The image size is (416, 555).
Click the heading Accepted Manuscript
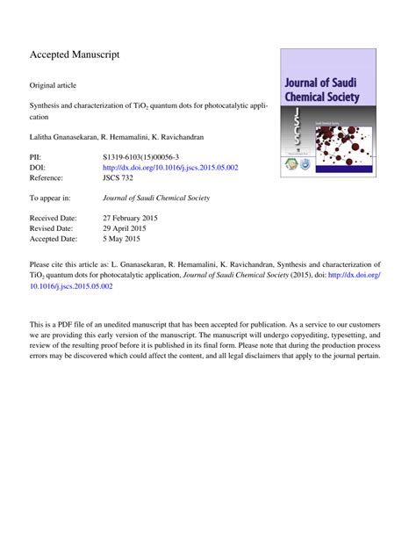pyautogui.click(x=75, y=54)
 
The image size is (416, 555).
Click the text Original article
pyautogui.click(x=54, y=85)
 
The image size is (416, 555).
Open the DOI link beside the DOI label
pyautogui.click(x=170, y=167)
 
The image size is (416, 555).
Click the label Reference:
pyautogui.click(x=50, y=178)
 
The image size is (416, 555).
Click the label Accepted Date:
pyautogui.click(x=54, y=238)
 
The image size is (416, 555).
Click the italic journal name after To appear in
pyautogui.click(x=156, y=198)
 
